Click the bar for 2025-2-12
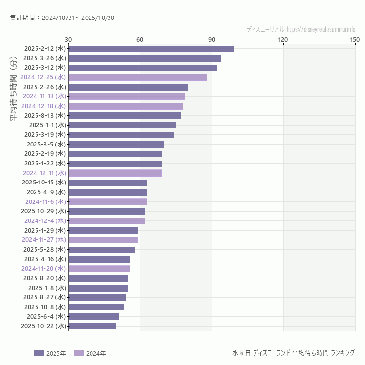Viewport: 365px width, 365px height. (x=151, y=49)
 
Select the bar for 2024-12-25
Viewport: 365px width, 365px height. (x=138, y=77)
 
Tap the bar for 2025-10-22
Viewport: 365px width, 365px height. (x=92, y=326)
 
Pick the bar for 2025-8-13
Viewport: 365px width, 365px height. (x=125, y=115)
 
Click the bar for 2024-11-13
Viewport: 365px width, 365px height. (x=127, y=96)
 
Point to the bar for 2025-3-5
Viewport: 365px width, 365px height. (x=116, y=145)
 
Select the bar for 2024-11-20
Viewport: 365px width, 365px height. (x=99, y=269)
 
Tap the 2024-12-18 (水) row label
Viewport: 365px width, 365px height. (x=43, y=106)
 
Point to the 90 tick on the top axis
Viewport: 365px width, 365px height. (x=212, y=39)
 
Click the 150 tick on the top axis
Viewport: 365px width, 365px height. (x=355, y=39)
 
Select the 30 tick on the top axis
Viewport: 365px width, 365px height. (x=68, y=39)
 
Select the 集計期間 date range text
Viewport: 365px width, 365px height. (x=62, y=18)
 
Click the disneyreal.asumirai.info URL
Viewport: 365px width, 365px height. (x=321, y=29)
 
